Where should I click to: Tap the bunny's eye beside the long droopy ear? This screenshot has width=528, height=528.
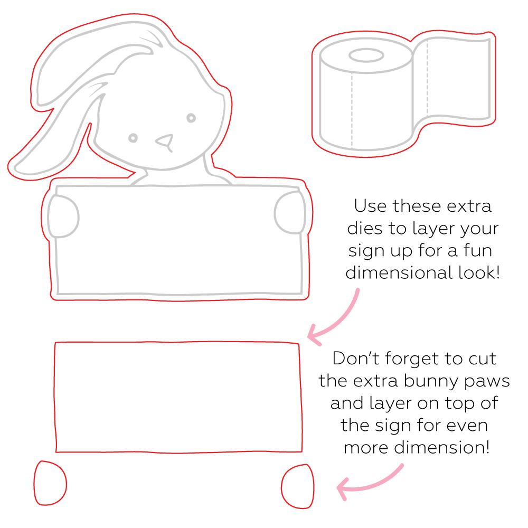coord(133,138)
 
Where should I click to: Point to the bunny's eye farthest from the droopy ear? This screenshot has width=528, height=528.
coord(191,118)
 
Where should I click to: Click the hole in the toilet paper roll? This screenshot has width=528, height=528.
coord(366,56)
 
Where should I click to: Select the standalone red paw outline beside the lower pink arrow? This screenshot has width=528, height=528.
coord(298,486)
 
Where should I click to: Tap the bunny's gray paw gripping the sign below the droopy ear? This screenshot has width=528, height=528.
coord(63,216)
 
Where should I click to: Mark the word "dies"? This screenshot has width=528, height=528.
coord(365,228)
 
